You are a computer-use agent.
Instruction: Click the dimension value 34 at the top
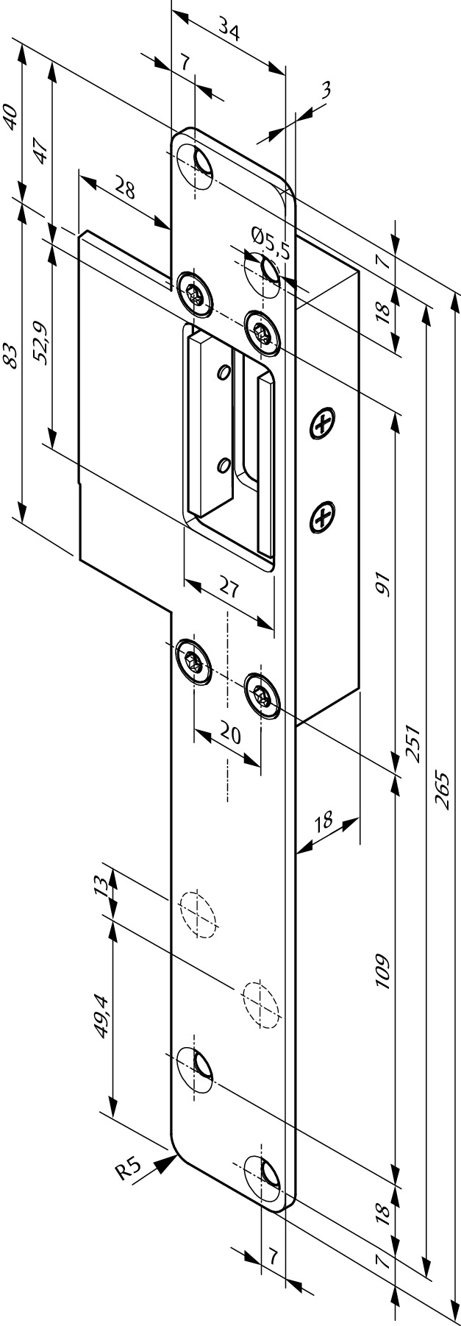(229, 32)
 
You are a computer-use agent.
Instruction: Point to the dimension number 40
(10, 118)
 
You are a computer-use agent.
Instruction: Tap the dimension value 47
(41, 150)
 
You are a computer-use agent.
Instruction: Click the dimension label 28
(125, 189)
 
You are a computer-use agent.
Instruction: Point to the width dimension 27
(229, 589)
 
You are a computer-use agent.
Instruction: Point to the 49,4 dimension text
(101, 1016)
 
